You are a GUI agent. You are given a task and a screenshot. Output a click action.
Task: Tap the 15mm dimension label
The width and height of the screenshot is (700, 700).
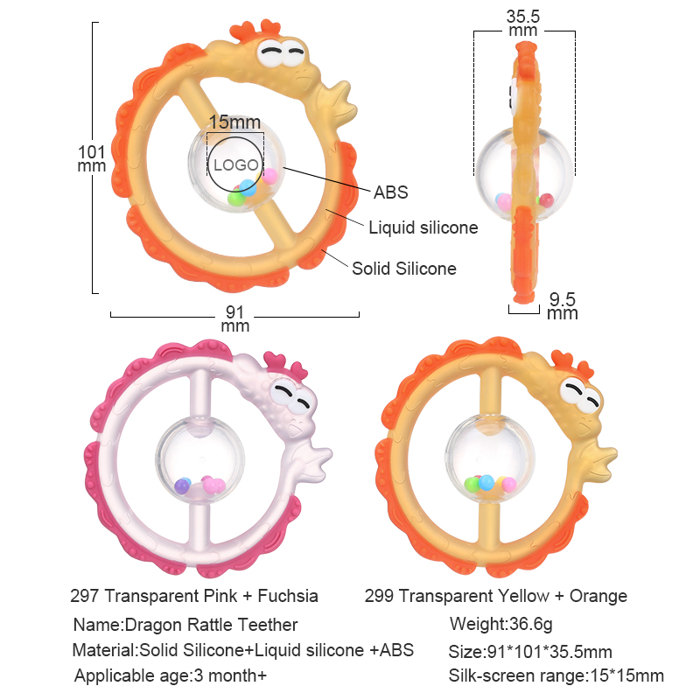click(x=234, y=122)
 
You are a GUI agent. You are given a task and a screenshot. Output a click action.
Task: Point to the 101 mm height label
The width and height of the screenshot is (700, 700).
click(x=92, y=159)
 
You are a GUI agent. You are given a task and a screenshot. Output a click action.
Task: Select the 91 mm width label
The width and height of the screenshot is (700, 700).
click(x=234, y=318)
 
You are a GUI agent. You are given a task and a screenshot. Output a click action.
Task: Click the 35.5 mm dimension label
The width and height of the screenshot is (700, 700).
click(x=523, y=24)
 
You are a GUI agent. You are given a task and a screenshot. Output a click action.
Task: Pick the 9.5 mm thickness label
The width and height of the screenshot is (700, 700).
click(x=563, y=306)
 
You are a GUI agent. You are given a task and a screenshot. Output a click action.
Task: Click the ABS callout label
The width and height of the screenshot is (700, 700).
click(x=391, y=192)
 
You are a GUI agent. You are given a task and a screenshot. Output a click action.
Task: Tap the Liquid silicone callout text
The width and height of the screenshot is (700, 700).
click(x=423, y=227)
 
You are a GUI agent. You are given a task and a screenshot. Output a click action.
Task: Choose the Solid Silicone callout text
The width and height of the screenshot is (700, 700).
click(x=404, y=269)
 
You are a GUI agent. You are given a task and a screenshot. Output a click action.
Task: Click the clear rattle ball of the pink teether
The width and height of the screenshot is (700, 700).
click(x=200, y=460)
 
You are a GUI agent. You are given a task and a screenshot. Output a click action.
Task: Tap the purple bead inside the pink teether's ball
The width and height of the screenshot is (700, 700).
click(x=182, y=486)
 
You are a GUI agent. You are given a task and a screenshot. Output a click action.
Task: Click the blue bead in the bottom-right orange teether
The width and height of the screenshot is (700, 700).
click(x=486, y=482)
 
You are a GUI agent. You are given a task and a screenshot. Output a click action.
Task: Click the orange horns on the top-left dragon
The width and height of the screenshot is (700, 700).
click(x=255, y=30)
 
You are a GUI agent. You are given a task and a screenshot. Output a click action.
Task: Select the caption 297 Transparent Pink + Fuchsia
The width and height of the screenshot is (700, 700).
click(x=194, y=596)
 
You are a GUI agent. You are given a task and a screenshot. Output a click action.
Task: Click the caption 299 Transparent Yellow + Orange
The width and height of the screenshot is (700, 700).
click(x=496, y=596)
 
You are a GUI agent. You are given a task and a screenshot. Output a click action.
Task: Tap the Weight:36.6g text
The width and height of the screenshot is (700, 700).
click(x=500, y=624)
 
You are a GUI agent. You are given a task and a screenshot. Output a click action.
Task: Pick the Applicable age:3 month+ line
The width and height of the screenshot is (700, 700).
click(x=171, y=675)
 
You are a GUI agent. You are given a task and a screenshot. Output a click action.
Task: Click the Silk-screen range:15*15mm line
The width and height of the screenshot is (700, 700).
click(x=556, y=675)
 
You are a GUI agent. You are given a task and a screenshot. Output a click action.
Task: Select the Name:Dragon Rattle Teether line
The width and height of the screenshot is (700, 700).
click(x=185, y=625)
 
